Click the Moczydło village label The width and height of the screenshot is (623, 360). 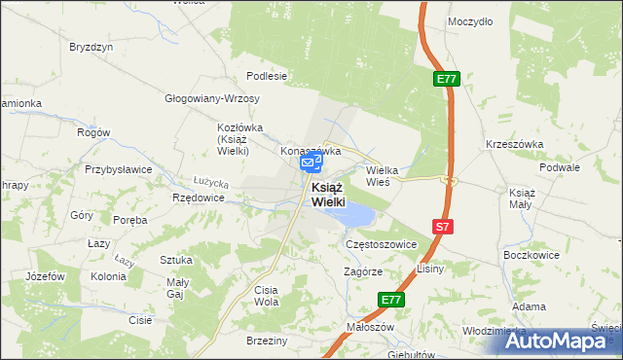coord(469,20)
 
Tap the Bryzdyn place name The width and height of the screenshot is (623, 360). coord(92,46)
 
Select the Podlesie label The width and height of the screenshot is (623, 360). coord(267,75)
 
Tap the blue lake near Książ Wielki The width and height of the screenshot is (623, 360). coord(355,213)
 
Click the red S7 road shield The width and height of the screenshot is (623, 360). coord(443,227)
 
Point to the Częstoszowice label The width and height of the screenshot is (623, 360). coord(381,245)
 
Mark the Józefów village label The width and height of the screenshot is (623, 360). coord(45,276)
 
